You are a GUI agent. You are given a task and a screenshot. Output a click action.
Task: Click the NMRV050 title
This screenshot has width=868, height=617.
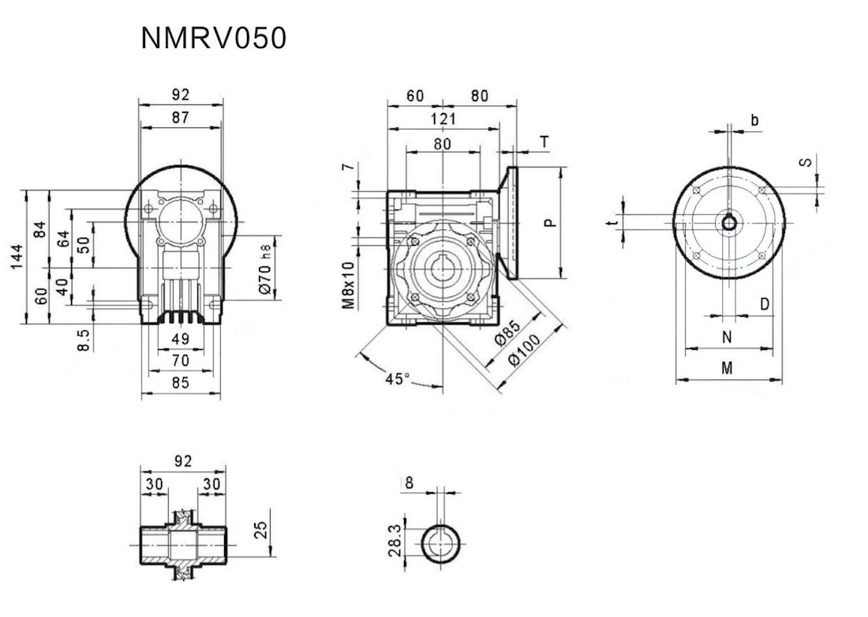(213, 38)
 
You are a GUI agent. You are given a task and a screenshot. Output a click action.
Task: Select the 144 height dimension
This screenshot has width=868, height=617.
(17, 257)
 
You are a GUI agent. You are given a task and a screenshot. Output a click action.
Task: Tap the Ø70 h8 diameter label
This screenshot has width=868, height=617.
(266, 267)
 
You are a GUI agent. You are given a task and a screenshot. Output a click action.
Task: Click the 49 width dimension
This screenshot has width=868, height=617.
(180, 340)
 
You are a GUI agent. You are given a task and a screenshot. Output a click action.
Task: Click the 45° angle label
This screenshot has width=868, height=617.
(398, 378)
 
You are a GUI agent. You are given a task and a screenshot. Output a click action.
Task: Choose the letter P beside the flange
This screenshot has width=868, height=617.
(551, 222)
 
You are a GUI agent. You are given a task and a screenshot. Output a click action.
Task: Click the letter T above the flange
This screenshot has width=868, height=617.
(544, 142)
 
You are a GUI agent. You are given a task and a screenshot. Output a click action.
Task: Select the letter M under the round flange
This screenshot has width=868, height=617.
(728, 368)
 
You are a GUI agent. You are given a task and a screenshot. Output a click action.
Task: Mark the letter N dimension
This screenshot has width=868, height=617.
(728, 337)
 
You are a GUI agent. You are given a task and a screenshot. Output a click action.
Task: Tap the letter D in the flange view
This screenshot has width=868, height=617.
(765, 304)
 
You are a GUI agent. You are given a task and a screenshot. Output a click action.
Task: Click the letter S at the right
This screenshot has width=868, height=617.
(805, 162)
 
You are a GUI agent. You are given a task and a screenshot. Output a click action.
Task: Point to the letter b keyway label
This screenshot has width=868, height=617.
(754, 121)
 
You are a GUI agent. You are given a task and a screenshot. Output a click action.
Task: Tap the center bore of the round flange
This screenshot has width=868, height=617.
(730, 223)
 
